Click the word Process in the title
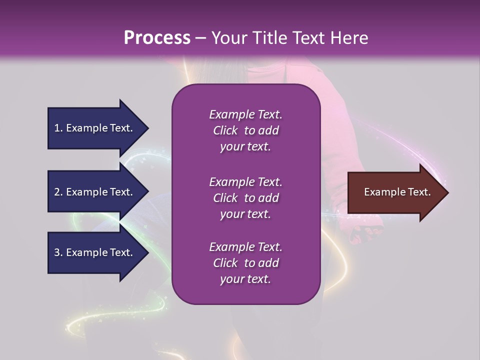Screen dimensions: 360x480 pos(157,38)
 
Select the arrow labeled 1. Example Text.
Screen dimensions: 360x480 pos(95,128)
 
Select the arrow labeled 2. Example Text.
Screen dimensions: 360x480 pos(95,192)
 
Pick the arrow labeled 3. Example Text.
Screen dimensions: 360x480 pos(95,252)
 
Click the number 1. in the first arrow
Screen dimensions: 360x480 pos(58,128)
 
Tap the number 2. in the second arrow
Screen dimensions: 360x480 pos(58,192)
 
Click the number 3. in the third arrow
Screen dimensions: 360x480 pos(58,252)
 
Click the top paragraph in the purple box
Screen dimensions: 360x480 pos(245,130)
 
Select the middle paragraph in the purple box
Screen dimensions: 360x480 pos(245,198)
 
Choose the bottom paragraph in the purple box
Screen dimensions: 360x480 pos(245,263)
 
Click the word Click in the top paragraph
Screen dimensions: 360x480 pos(225,130)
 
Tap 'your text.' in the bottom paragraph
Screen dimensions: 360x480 pos(245,279)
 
